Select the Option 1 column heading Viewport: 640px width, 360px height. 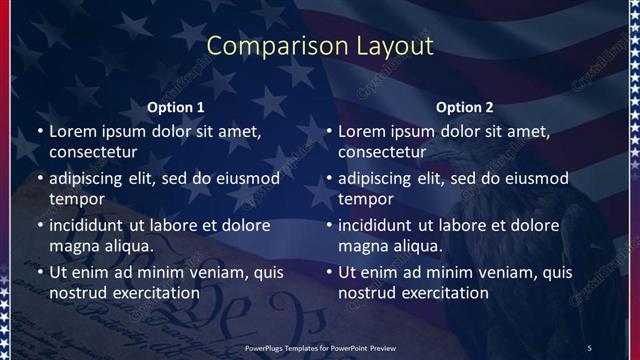click(x=176, y=106)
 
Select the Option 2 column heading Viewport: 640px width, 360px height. click(x=465, y=106)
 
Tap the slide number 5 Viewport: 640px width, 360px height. click(x=589, y=346)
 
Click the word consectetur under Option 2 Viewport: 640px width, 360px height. click(x=383, y=153)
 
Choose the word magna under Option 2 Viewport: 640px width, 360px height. click(x=361, y=246)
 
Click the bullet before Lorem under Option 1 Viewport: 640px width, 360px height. click(x=39, y=131)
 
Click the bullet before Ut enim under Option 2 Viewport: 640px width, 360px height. click(x=329, y=271)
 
